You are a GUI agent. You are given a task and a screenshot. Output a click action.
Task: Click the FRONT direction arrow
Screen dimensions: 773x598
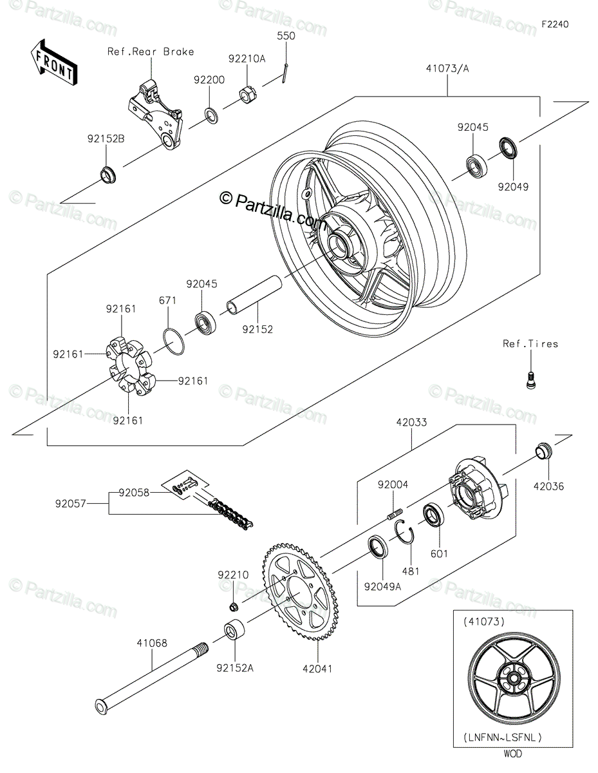point(53,62)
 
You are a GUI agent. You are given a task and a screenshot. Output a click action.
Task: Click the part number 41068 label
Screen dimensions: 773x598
point(152,642)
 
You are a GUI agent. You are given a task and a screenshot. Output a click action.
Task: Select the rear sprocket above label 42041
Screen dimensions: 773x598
point(303,592)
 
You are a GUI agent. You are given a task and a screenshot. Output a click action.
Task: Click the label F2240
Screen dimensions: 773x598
point(555,24)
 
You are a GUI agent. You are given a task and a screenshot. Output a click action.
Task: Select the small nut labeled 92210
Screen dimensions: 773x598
point(234,606)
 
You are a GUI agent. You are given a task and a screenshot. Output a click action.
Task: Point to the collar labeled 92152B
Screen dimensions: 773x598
point(107,174)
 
